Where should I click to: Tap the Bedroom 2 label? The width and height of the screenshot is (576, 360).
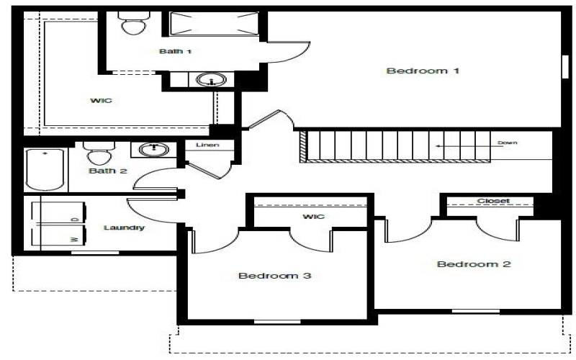[x=474, y=264]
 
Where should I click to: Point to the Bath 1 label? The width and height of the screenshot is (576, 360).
[x=176, y=51]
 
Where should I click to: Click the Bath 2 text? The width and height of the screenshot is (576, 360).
[x=107, y=171]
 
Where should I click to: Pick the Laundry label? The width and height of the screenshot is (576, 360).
[x=124, y=228]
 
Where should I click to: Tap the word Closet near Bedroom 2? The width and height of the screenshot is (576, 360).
[x=493, y=201]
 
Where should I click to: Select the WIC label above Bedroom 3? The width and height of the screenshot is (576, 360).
[x=314, y=216]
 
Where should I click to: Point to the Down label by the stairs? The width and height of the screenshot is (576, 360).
[x=508, y=143]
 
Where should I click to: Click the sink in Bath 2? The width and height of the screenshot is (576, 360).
[x=153, y=150]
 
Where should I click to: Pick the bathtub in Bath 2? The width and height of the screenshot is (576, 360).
[x=45, y=169]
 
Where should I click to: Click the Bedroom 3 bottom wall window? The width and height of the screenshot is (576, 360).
[x=276, y=322]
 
